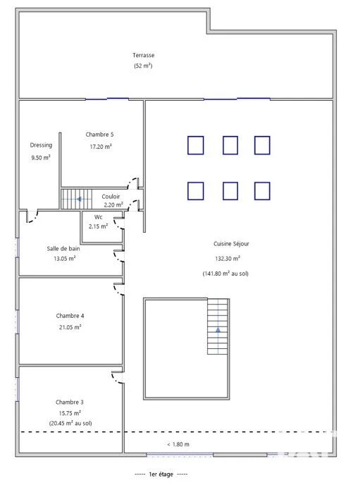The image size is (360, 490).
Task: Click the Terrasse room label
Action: tap(143, 55)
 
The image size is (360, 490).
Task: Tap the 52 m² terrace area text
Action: tap(143, 66)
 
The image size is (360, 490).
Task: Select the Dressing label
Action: tap(41, 145)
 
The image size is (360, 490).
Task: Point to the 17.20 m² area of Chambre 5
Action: tap(101, 147)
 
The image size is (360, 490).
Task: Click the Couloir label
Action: tap(111, 197)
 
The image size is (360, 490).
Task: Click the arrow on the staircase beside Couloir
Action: tap(80, 199)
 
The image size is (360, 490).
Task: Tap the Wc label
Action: tap(99, 217)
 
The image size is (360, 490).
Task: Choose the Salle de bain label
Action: tap(63, 249)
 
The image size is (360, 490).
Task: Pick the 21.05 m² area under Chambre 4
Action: tap(70, 327)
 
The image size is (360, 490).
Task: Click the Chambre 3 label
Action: tap(70, 402)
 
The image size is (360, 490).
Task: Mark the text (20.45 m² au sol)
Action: tap(70, 423)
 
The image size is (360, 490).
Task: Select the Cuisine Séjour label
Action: tap(231, 244)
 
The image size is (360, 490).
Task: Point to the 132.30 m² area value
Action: tap(228, 259)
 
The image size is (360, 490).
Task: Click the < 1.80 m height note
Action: tap(178, 444)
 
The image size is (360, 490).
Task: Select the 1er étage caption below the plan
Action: tap(161, 474)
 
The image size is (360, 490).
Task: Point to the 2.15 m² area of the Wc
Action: tap(99, 226)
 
